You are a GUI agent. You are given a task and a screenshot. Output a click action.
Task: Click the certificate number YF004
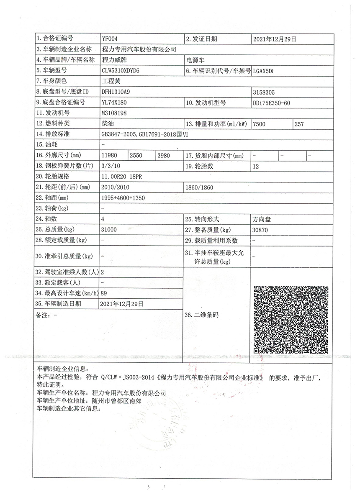110,39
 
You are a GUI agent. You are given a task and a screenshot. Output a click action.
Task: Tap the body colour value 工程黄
111,81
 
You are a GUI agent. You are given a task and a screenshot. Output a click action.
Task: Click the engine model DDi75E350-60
271,102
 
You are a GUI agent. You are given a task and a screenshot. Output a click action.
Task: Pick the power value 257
299,123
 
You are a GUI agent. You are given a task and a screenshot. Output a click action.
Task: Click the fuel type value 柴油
108,123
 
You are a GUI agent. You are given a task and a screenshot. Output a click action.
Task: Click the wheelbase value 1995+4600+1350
123,198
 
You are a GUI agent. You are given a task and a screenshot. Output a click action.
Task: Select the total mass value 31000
109,230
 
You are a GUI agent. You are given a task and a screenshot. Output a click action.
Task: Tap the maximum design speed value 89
104,293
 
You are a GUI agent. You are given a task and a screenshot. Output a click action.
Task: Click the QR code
291,320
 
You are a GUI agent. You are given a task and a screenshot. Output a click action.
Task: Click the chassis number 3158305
264,91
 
